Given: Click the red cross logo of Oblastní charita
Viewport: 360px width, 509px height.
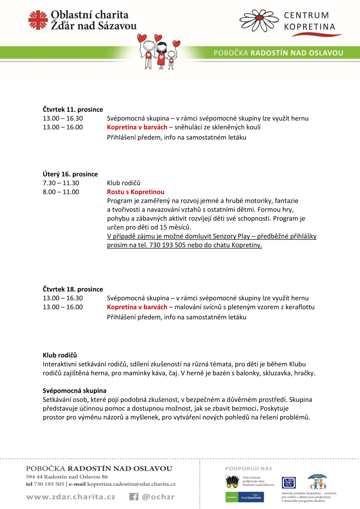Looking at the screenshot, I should point(38,20).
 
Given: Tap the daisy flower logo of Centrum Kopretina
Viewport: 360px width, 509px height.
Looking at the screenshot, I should point(259,21).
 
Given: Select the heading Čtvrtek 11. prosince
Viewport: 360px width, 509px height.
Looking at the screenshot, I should point(73,110).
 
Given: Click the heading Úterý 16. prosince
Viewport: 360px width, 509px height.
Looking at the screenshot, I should point(70,174).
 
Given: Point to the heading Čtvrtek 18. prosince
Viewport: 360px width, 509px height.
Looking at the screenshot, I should point(73,289).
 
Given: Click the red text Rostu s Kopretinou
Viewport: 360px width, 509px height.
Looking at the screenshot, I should point(135,192).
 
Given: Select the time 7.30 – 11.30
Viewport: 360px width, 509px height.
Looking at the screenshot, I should point(61,183).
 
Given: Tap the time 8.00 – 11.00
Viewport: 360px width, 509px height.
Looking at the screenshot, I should point(61,192).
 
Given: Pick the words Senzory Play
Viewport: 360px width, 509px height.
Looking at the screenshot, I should point(231,236).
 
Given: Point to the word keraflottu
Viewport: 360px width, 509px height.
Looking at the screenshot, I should point(300,307).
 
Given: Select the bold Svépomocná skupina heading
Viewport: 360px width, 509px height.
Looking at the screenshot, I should point(75,391).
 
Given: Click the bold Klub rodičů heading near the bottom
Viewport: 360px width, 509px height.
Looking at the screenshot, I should point(60,355).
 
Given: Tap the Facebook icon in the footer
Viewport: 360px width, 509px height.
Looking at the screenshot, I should point(134,497).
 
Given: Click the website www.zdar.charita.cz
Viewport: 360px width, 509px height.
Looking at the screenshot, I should point(71,497).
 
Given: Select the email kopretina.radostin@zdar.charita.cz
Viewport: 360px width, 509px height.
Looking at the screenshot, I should point(131,484).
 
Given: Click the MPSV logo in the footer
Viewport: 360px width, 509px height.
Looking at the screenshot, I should point(289,482).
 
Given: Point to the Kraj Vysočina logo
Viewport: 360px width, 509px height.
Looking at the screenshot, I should point(251,497).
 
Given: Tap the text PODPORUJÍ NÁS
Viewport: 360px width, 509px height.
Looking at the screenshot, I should point(249,469).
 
